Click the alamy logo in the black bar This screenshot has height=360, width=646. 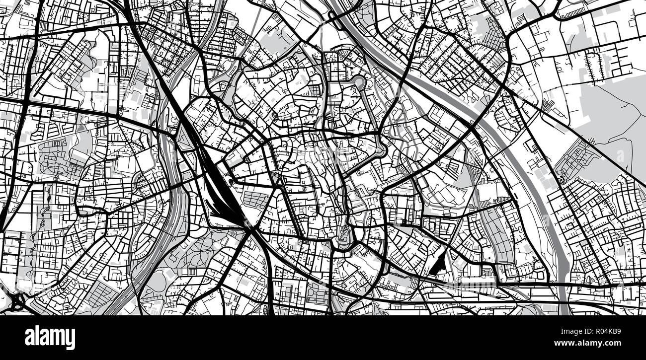(x=50, y=338)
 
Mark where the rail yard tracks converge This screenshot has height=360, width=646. (x=248, y=226)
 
